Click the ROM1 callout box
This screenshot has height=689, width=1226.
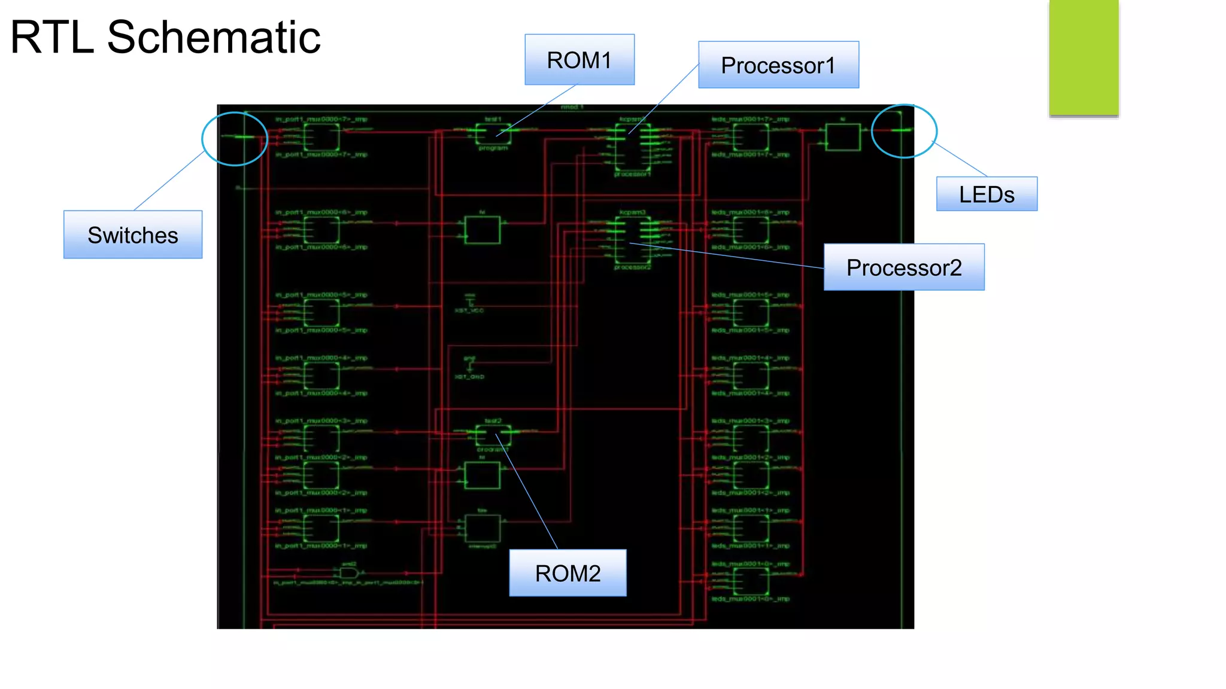(x=579, y=60)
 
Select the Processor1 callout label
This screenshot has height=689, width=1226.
(x=778, y=65)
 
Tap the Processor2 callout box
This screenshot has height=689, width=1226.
(x=903, y=267)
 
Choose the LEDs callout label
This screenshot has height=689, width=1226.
(x=986, y=194)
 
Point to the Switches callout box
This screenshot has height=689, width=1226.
(x=132, y=235)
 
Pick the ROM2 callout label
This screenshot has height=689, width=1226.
(x=567, y=573)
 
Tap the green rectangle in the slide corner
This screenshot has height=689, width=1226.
(x=1084, y=57)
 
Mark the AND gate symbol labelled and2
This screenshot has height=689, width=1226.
(x=348, y=573)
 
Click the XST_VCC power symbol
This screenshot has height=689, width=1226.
(x=469, y=301)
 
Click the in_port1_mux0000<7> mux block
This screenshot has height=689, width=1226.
(x=321, y=137)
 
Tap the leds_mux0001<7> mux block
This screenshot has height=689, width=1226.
(x=751, y=137)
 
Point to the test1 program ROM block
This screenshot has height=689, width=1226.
(x=493, y=134)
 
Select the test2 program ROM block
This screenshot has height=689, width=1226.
(x=493, y=435)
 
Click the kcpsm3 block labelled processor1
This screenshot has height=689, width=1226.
(x=632, y=147)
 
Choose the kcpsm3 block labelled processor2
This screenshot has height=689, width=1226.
(x=632, y=239)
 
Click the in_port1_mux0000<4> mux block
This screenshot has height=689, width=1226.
(x=321, y=376)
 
